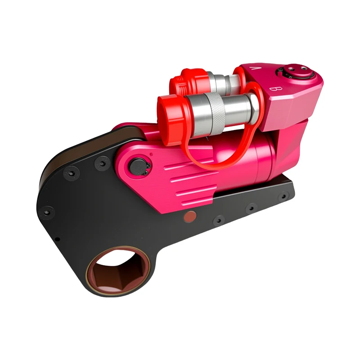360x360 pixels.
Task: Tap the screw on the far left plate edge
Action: (45, 210)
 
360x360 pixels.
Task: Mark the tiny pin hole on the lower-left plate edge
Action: (57, 239)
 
